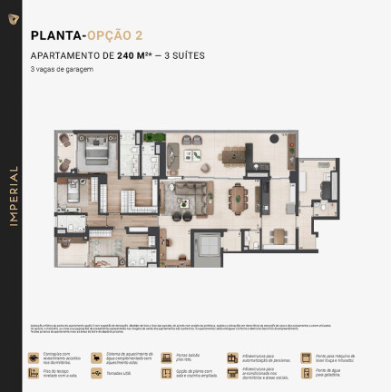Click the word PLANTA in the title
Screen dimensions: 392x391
54,36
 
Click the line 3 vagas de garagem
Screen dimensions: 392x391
61,69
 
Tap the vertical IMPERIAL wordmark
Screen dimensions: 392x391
13,196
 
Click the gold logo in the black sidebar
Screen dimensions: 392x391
13,19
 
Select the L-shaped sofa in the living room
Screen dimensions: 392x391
192,195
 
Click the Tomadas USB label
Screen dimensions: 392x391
119,372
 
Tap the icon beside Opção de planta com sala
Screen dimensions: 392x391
166,372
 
